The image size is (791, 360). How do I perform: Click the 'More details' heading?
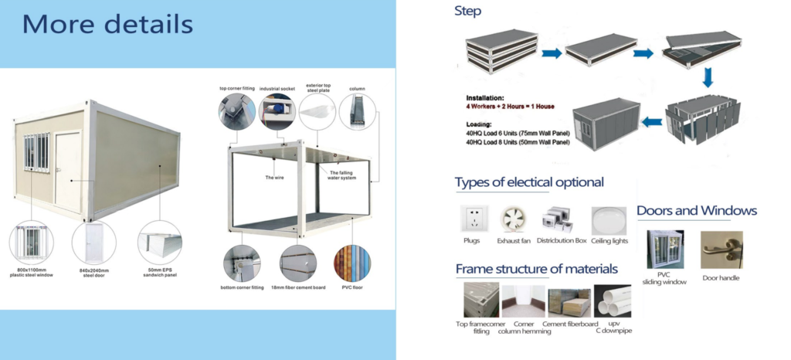[107, 24]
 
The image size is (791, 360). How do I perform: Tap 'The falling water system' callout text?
[343, 177]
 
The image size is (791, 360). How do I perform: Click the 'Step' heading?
[467, 12]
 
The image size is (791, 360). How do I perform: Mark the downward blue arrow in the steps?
[707, 76]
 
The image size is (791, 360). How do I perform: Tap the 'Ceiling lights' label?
[610, 241]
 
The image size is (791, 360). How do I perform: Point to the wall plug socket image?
[474, 219]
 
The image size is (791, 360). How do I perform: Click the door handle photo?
[721, 249]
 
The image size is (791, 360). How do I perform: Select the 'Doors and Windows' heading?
[696, 210]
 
